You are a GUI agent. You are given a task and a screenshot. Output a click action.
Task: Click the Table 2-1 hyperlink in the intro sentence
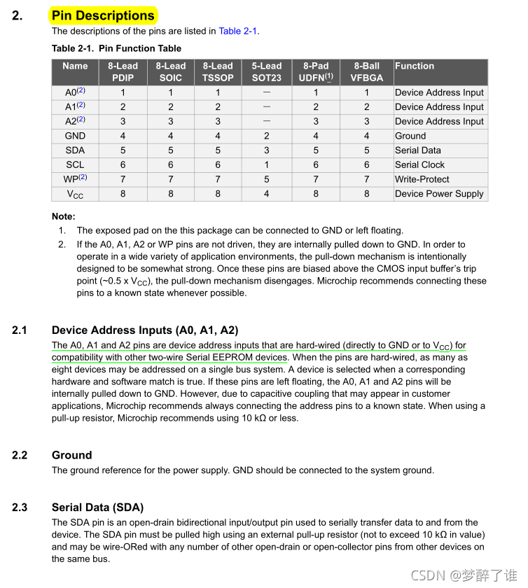tap(238, 31)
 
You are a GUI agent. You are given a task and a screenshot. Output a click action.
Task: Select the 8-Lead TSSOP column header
tap(217, 72)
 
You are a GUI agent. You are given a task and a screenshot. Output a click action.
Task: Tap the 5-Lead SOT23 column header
tap(266, 72)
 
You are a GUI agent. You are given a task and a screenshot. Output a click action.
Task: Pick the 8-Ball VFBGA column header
tap(366, 72)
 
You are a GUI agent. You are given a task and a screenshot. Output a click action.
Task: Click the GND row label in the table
tap(75, 136)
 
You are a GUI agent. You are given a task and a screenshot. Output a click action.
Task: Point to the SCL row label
tap(75, 164)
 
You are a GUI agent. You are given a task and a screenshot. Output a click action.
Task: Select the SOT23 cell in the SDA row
tap(266, 150)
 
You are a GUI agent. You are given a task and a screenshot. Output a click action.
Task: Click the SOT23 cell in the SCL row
tap(266, 164)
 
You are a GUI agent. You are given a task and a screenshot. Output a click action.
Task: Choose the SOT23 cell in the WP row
tap(266, 179)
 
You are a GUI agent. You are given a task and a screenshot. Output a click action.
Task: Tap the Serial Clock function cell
tap(419, 164)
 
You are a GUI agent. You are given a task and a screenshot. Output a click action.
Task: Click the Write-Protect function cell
tap(422, 179)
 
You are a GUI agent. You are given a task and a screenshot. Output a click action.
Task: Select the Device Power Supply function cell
tap(439, 194)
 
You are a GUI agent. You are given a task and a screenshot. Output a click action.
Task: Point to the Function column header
tap(415, 66)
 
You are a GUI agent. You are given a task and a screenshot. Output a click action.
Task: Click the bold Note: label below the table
tap(64, 217)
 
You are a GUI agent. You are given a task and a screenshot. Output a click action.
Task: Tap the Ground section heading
tap(72, 455)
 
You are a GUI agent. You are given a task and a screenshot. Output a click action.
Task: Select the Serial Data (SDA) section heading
tap(97, 507)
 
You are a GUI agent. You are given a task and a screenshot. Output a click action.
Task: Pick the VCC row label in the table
tap(75, 194)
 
